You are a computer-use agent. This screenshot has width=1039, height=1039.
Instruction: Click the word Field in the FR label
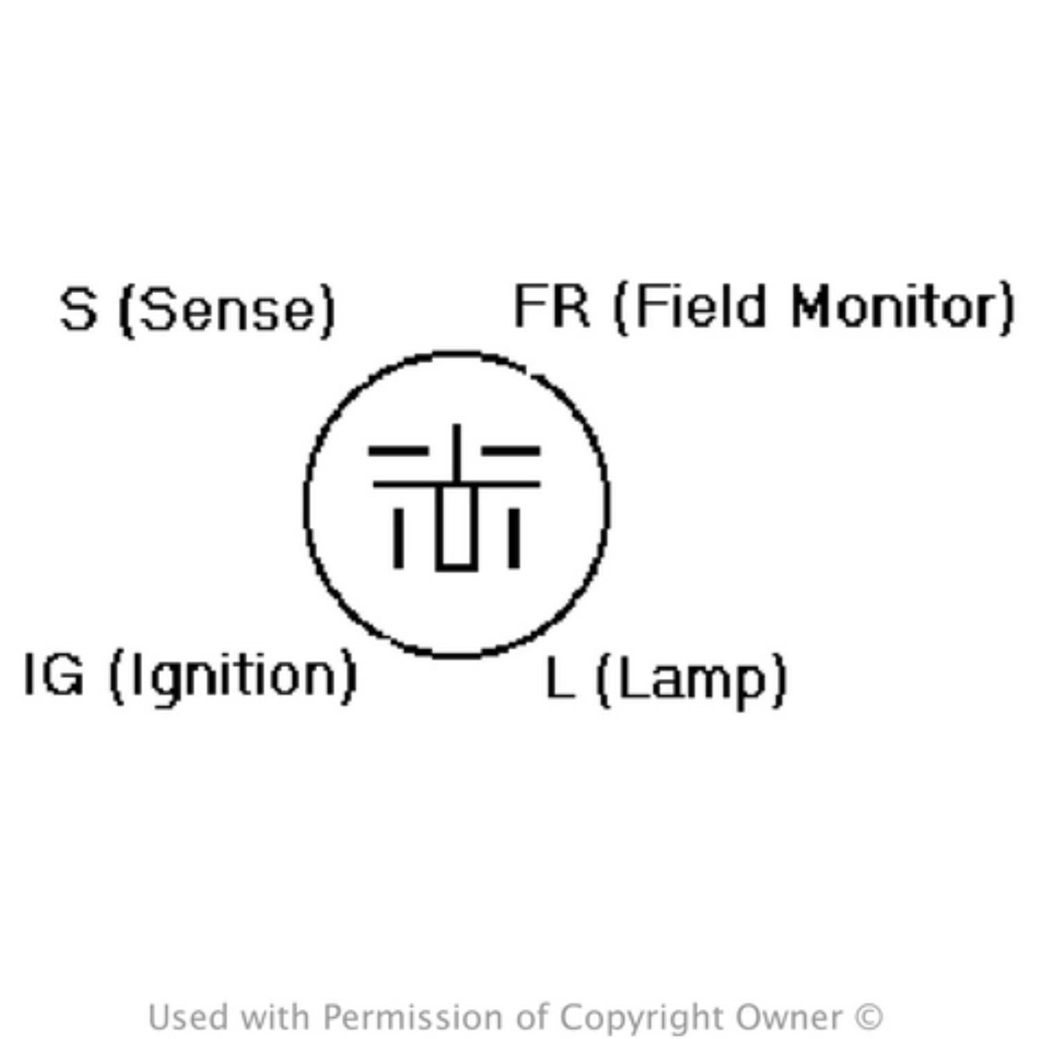692,306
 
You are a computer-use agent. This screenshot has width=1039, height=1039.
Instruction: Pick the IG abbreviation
53,674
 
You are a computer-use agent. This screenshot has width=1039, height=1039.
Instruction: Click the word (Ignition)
233,677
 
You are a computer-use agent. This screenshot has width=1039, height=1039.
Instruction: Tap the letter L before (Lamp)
560,677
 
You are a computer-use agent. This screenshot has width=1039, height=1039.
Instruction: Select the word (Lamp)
691,680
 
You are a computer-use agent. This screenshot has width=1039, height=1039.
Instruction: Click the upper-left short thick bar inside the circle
398,451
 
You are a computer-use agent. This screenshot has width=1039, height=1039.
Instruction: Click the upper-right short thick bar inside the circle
511,451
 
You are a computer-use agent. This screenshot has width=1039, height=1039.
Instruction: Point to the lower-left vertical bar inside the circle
398,538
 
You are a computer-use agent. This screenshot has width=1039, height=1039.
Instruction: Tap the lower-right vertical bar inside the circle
513,538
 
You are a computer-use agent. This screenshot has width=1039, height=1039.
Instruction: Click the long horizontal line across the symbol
456,483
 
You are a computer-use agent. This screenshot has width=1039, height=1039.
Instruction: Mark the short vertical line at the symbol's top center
456,452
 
